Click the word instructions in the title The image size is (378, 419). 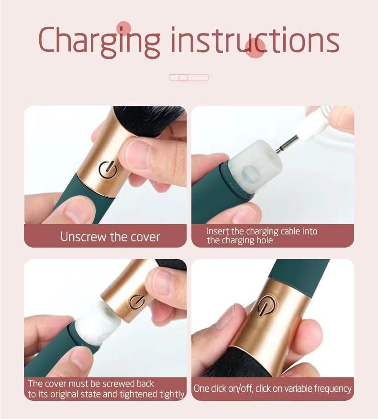pos(255,40)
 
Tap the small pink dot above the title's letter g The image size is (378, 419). pos(123,28)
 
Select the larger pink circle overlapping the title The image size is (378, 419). pos(255,48)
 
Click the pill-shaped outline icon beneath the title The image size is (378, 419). pos(189,78)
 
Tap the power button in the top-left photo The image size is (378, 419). pos(109,169)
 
